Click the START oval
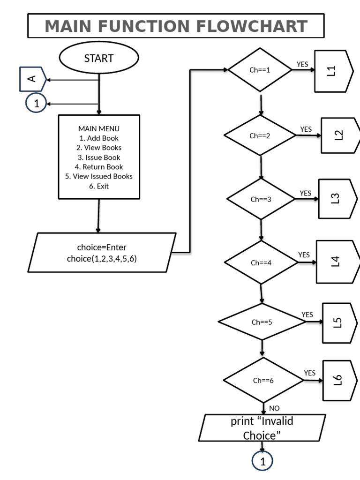[99, 58]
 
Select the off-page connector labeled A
[33, 79]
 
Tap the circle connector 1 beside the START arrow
[36, 103]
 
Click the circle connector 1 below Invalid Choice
[262, 461]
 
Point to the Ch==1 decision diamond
[260, 70]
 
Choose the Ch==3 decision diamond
[261, 199]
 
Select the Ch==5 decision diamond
[262, 322]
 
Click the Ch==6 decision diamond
[263, 380]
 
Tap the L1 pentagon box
[334, 71]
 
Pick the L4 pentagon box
[338, 262]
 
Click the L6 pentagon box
[340, 380]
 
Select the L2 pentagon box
[340, 135]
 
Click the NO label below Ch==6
[274, 408]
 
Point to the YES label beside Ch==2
[306, 129]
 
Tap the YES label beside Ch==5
[307, 315]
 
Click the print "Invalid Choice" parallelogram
[262, 427]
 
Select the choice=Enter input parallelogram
[102, 253]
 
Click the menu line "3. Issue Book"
[99, 157]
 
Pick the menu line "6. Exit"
[99, 186]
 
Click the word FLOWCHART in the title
[252, 26]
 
